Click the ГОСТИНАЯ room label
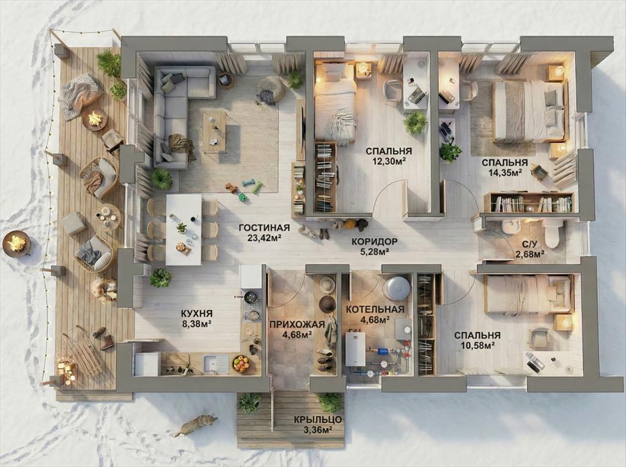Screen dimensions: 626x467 tap(264, 228)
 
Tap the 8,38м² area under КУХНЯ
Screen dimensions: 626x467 tap(197, 324)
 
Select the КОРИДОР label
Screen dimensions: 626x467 tap(374, 241)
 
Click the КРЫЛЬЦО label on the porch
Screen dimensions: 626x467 tap(318, 420)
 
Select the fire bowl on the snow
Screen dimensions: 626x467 tap(17, 243)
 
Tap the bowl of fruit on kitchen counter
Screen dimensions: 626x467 tap(241, 364)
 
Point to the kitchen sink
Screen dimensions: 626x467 tap(216, 364)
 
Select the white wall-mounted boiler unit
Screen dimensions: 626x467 tap(355, 349)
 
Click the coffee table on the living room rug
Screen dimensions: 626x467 tap(215, 131)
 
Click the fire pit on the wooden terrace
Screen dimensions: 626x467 tap(94, 119)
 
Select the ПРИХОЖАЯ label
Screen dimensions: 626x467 tap(297, 324)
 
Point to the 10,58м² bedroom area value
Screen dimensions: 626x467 tap(477, 345)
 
